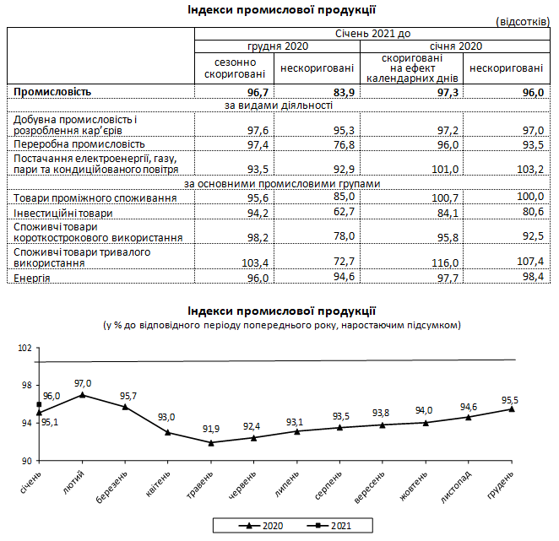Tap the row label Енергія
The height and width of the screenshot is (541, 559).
pyautogui.click(x=32, y=278)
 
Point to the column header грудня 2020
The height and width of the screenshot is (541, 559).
pyautogui.click(x=278, y=46)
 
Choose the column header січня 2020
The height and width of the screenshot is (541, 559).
pyautogui.click(x=456, y=46)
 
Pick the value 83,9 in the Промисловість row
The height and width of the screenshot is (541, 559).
pyautogui.click(x=339, y=91)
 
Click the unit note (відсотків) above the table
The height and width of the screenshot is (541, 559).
pyautogui.click(x=524, y=20)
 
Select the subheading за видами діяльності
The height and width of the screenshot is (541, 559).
pyautogui.click(x=278, y=105)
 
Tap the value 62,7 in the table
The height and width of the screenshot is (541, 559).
pyautogui.click(x=339, y=212)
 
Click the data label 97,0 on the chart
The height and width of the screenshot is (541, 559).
pyautogui.click(x=83, y=383)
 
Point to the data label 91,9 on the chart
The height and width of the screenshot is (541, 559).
pyautogui.click(x=210, y=430)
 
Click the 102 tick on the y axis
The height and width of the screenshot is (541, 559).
pyautogui.click(x=24, y=348)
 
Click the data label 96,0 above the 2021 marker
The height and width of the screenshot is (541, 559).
pyautogui.click(x=52, y=396)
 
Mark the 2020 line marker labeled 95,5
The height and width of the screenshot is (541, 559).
pyautogui.click(x=512, y=409)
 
